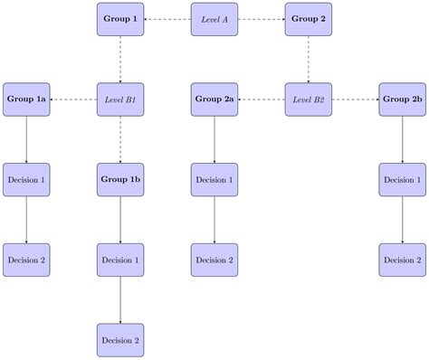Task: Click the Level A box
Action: pyautogui.click(x=214, y=19)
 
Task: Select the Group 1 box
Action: pyautogui.click(x=120, y=19)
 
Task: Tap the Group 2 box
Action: pyautogui.click(x=309, y=19)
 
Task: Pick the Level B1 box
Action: pyautogui.click(x=120, y=99)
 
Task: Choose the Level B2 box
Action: pyautogui.click(x=309, y=99)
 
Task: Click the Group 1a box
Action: pyautogui.click(x=26, y=99)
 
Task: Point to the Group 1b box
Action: pyautogui.click(x=120, y=179)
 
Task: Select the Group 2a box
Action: pyautogui.click(x=214, y=99)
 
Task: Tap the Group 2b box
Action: pyautogui.click(x=403, y=99)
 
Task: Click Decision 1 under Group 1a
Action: pyautogui.click(x=26, y=179)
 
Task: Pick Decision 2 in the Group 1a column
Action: pyautogui.click(x=26, y=260)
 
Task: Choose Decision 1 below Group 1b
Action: pyautogui.click(x=120, y=260)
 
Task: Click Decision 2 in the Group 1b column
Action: pyautogui.click(x=120, y=340)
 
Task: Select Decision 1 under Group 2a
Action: pyautogui.click(x=214, y=179)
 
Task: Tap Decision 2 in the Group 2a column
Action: pyautogui.click(x=214, y=260)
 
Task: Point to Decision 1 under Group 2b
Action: pyautogui.click(x=403, y=179)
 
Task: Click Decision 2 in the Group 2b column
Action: pyautogui.click(x=403, y=260)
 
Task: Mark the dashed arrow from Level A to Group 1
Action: pyautogui.click(x=167, y=19)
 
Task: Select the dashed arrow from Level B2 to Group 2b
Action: pyautogui.click(x=356, y=99)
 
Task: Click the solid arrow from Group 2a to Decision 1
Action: pyautogui.click(x=214, y=139)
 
